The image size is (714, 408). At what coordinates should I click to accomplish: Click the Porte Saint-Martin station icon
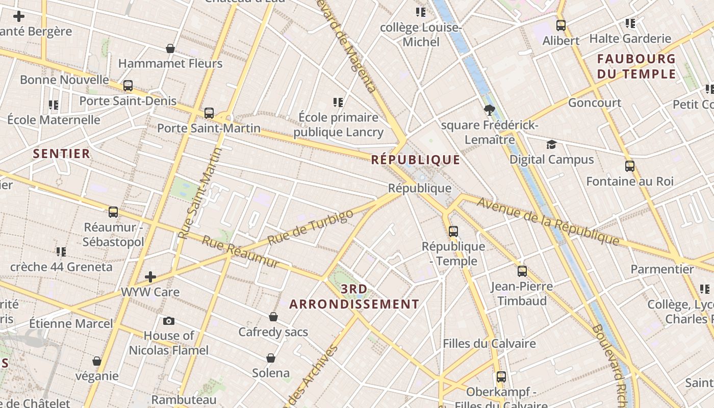[209, 113]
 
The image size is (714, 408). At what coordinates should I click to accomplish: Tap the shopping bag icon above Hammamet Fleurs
[170, 48]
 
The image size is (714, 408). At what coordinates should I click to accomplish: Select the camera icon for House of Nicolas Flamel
[169, 321]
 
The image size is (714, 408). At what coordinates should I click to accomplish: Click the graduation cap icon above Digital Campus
[551, 145]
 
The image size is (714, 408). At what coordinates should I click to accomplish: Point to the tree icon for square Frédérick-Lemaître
[489, 110]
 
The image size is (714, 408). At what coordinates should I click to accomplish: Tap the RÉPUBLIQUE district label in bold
[416, 160]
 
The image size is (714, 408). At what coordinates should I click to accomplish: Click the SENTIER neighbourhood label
[61, 154]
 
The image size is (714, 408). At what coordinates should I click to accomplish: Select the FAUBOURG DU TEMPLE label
[636, 66]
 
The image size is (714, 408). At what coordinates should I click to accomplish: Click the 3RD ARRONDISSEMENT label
[354, 297]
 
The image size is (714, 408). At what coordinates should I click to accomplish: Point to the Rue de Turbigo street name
[310, 227]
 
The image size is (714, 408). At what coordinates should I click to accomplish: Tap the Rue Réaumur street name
[241, 252]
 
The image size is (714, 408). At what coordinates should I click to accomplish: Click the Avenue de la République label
[548, 221]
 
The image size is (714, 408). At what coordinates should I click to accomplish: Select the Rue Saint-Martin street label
[200, 194]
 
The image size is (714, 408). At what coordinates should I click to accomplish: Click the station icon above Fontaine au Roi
[630, 166]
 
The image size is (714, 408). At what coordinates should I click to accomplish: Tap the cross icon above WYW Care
[150, 277]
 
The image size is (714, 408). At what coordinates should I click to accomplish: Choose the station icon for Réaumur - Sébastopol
[113, 212]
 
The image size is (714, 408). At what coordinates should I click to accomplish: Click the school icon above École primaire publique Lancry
[338, 103]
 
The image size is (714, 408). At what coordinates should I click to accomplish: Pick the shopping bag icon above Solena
[271, 358]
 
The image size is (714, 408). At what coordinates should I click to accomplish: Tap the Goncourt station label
[595, 103]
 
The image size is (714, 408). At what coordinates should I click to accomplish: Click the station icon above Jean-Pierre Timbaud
[522, 271]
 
